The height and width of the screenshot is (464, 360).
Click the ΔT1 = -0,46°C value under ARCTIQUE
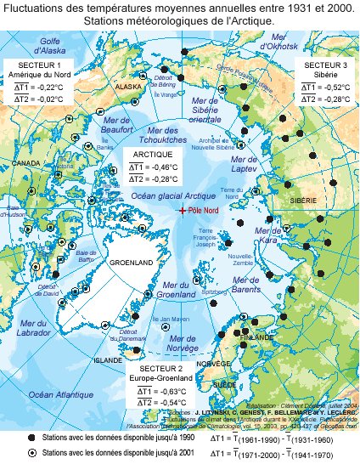(154, 168)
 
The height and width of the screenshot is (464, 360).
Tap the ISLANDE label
(108, 359)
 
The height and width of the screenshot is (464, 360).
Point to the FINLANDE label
(258, 337)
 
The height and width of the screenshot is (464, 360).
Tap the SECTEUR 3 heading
(325, 65)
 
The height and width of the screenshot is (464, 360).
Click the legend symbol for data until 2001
(32, 453)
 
